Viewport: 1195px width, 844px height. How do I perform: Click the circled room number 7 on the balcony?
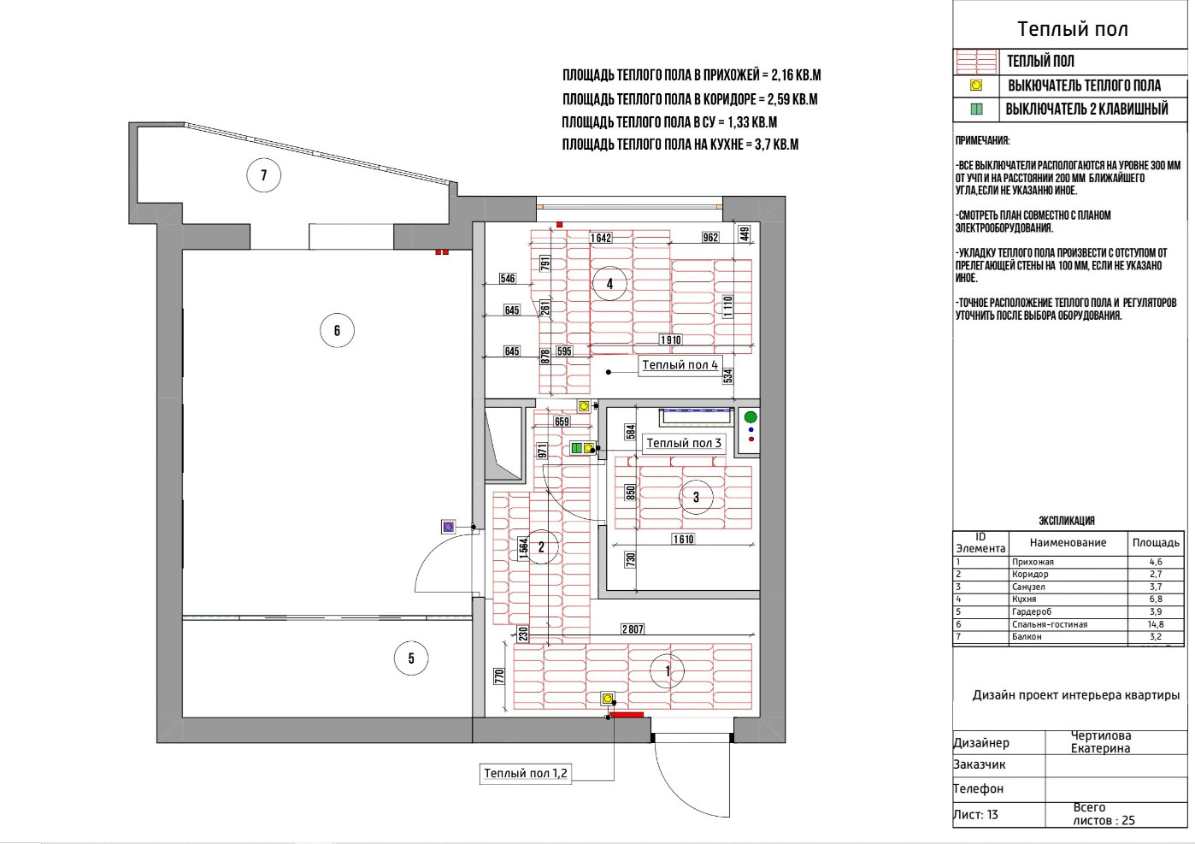click(263, 175)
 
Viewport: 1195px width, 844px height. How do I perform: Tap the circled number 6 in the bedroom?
click(337, 330)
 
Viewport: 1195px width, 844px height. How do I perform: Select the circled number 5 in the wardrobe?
click(411, 658)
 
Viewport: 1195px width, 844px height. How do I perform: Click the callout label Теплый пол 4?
click(680, 365)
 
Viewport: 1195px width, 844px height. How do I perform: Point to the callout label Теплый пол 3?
click(683, 443)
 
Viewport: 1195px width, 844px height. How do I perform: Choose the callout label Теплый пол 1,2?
click(526, 773)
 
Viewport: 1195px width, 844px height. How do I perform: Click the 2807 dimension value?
click(633, 629)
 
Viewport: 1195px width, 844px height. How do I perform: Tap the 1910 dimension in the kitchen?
click(671, 340)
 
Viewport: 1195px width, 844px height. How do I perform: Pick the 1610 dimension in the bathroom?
click(683, 540)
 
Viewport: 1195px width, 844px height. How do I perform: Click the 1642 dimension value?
click(601, 238)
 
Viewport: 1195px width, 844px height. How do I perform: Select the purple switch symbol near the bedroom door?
click(449, 527)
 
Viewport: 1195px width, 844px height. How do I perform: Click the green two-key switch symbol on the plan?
click(576, 448)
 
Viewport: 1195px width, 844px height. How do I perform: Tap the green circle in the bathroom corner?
click(751, 417)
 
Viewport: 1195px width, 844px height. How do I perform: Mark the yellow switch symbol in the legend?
click(975, 86)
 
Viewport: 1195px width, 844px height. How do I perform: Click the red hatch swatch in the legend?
click(975, 62)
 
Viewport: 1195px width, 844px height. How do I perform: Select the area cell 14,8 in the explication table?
click(1156, 624)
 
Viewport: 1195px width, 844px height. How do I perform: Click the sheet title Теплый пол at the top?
click(1072, 29)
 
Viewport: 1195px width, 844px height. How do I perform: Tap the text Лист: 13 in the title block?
click(975, 815)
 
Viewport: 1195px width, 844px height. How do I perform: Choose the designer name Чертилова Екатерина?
click(1101, 742)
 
